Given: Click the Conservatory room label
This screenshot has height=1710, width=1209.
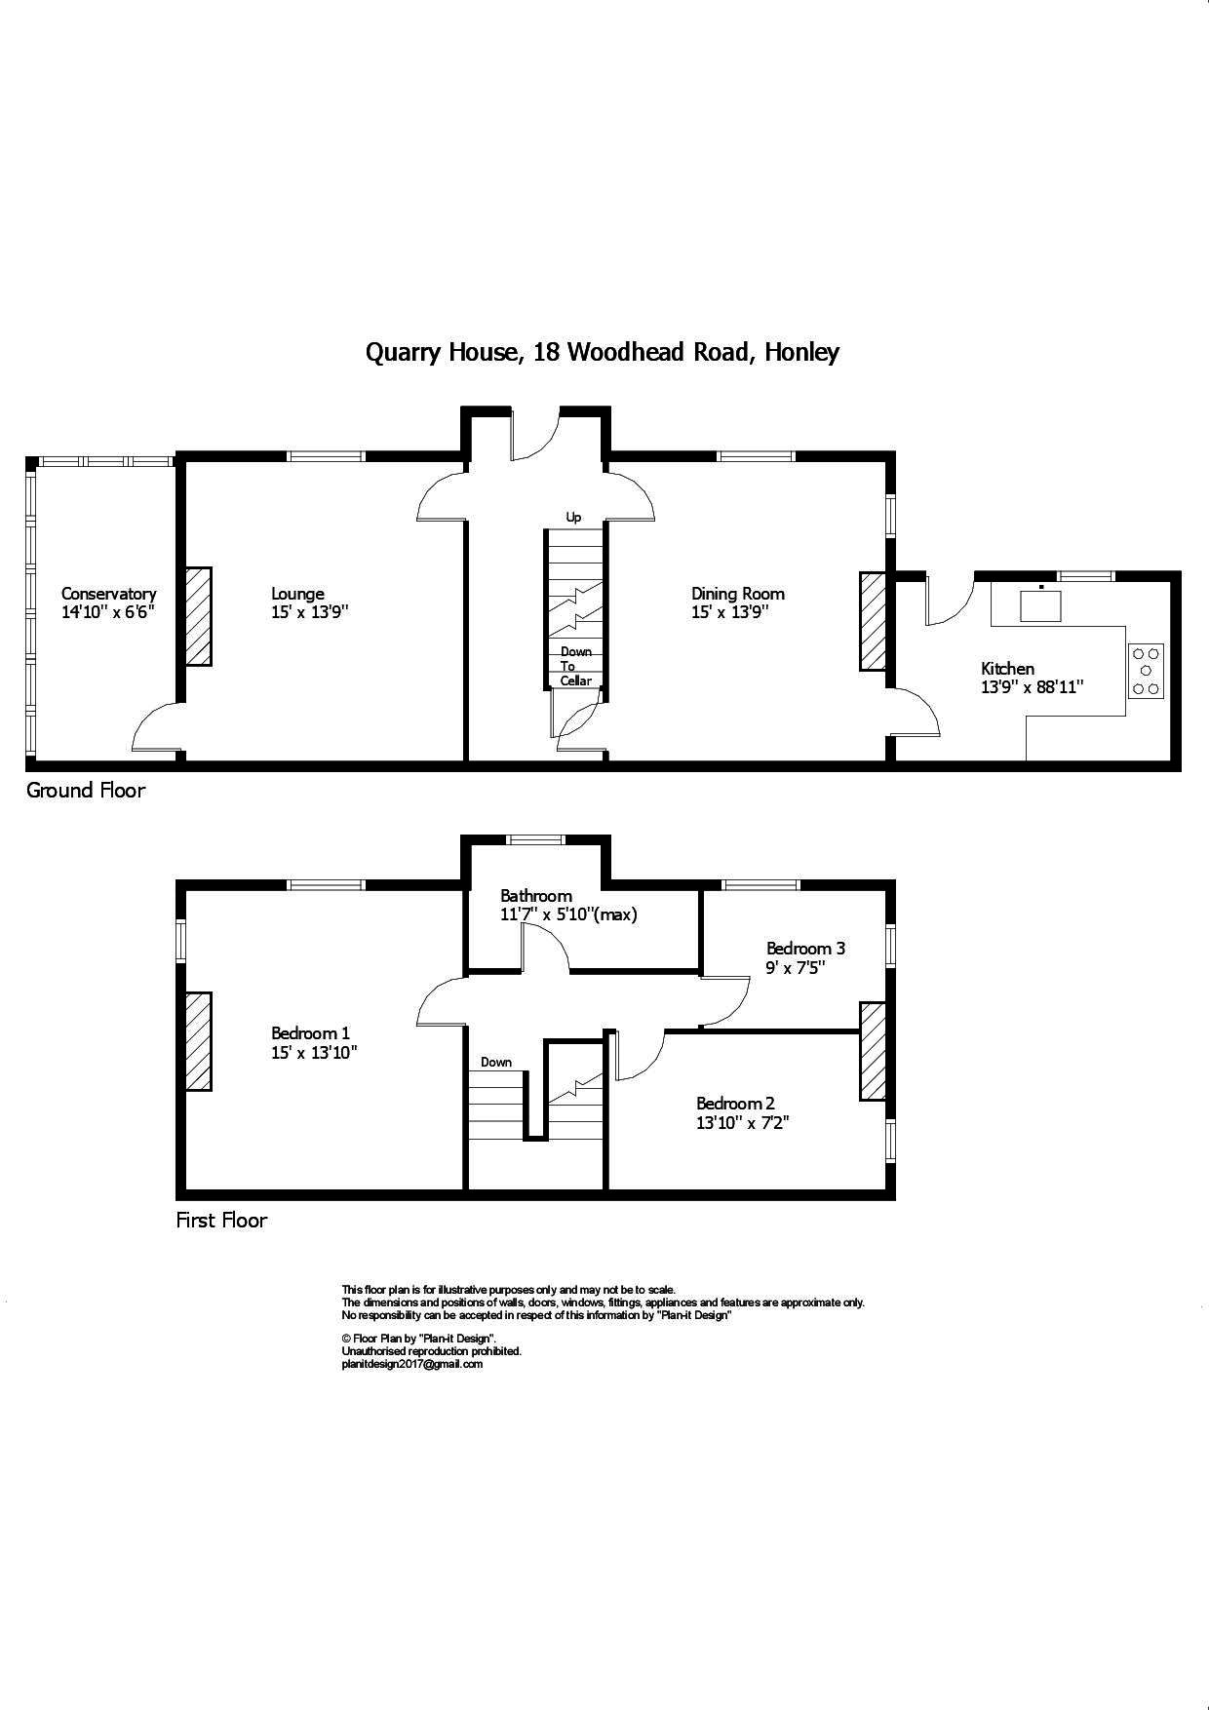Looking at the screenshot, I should [108, 594].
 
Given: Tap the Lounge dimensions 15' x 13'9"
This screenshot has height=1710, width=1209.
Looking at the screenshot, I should [309, 612].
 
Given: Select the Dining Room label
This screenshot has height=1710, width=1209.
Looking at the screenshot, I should [737, 594].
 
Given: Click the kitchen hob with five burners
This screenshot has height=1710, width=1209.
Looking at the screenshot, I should [1146, 671].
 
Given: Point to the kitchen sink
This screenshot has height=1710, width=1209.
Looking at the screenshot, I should [1040, 604].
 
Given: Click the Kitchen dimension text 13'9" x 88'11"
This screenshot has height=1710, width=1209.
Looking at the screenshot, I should [1033, 686].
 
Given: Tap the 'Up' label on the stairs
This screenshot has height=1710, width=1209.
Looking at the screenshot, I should [573, 517].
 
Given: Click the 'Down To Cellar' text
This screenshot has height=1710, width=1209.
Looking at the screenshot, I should [575, 666].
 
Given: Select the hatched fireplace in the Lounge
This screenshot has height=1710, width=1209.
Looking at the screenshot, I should [199, 616].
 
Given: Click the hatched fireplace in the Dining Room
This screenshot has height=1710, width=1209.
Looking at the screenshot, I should [873, 621].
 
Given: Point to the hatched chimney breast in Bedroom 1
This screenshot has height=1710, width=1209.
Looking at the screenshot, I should [199, 1041].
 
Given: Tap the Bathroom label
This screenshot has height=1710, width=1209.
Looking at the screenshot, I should [535, 895].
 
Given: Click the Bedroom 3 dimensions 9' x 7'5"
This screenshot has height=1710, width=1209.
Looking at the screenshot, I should [795, 967].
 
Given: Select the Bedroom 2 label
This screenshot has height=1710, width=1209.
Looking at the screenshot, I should [735, 1104].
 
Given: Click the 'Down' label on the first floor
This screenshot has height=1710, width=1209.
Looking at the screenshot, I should [495, 1062].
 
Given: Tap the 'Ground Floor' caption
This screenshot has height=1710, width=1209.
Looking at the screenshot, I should [85, 791].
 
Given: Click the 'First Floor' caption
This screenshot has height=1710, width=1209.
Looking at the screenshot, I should [221, 1220].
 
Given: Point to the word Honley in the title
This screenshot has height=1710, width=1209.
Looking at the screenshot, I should [801, 352].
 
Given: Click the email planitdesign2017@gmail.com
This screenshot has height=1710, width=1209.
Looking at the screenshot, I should [411, 1364].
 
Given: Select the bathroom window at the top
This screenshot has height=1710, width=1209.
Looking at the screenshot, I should [536, 839].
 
